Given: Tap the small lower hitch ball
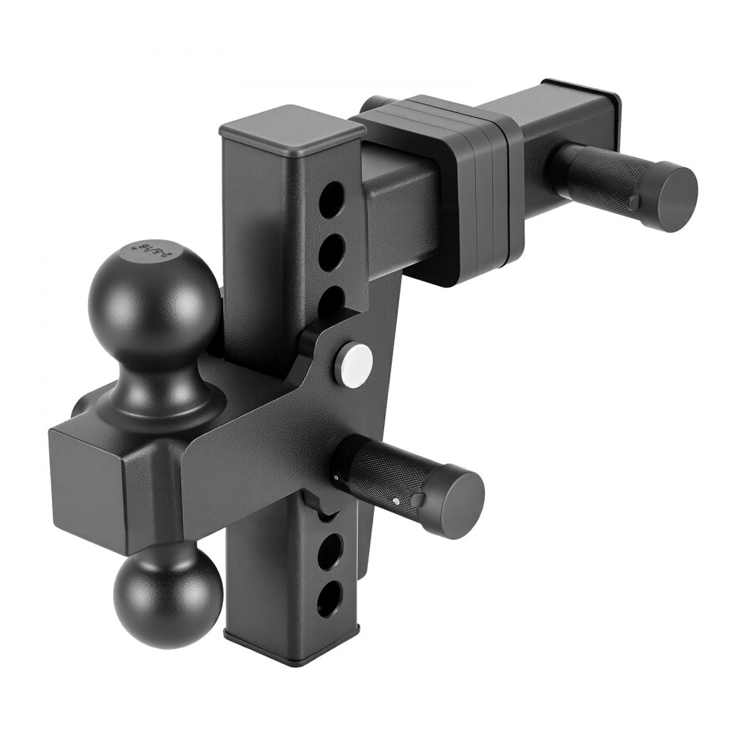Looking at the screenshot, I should [x=168, y=594].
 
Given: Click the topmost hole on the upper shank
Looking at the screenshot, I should [x=331, y=200].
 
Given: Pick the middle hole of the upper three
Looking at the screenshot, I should [x=331, y=251].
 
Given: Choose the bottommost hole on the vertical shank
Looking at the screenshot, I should [x=330, y=598].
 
